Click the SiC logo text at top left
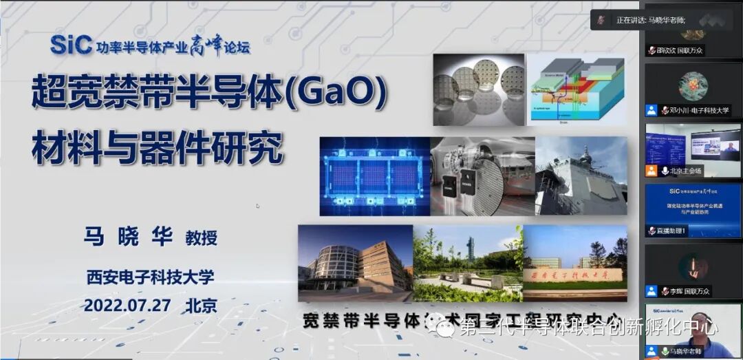pyautogui.click(x=71, y=45)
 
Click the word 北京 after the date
pyautogui.click(x=200, y=304)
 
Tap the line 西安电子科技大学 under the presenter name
pyautogui.click(x=150, y=277)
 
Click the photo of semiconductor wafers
pyautogui.click(x=479, y=90)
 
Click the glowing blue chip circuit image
pyautogui.click(x=375, y=176)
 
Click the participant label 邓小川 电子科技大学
pyautogui.click(x=695, y=110)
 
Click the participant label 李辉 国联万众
pyautogui.click(x=685, y=291)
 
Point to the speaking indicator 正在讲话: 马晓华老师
pyautogui.click(x=651, y=21)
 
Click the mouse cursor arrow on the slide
pyautogui.click(x=258, y=206)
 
